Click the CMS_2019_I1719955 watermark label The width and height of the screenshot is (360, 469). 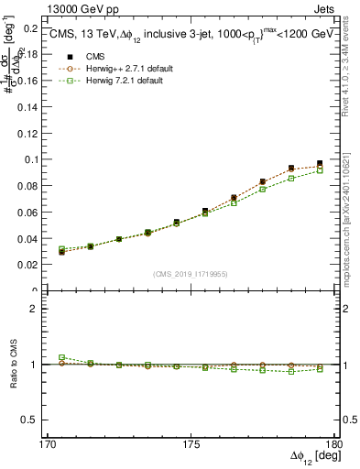[x=191, y=273]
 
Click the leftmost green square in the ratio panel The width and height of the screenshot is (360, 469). [x=61, y=357]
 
